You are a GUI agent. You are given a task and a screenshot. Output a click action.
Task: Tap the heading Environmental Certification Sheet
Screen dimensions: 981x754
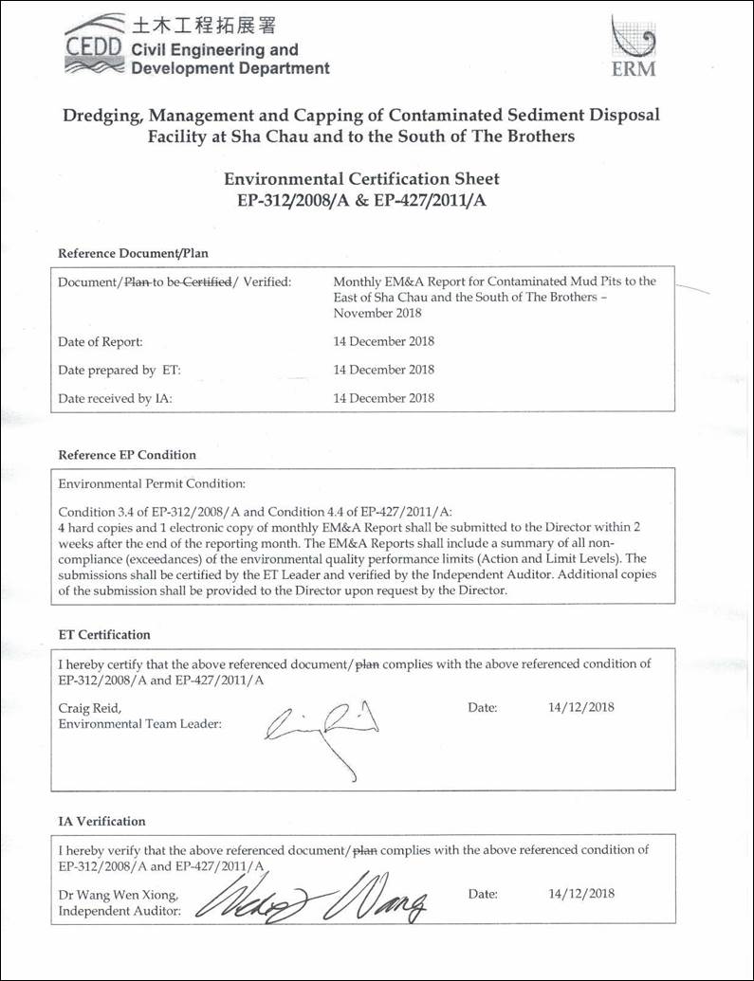[360, 178]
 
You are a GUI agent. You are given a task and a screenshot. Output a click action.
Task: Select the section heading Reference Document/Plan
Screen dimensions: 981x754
[133, 253]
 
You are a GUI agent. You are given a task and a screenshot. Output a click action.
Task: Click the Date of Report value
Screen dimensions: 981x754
[384, 341]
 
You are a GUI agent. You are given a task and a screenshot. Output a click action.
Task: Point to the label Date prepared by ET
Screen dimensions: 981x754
[120, 370]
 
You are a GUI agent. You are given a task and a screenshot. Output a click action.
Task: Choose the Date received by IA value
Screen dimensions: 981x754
[384, 398]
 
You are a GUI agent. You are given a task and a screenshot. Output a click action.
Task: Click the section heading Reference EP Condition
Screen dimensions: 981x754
[127, 455]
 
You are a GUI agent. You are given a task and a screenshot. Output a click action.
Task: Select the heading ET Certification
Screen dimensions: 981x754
[104, 634]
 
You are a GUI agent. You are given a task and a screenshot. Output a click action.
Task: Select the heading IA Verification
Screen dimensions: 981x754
[102, 821]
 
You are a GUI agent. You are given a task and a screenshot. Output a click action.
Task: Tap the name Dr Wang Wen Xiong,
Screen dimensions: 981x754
[117, 895]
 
